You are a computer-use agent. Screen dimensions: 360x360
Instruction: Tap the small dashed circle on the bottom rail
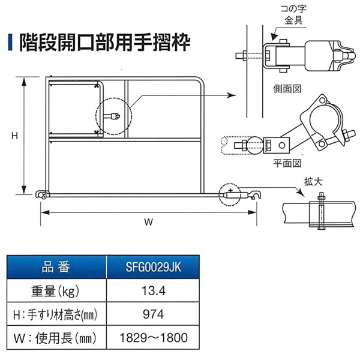tap(230, 194)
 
